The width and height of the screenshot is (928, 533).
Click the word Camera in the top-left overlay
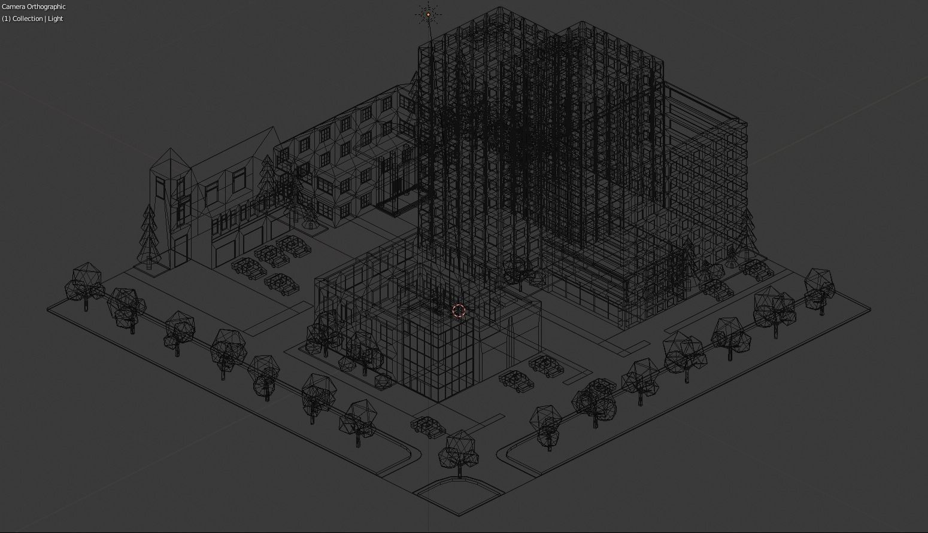point(13,7)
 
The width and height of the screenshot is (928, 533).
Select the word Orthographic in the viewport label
point(47,7)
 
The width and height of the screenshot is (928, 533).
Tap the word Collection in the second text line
point(28,19)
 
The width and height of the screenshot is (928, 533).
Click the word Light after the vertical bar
point(56,19)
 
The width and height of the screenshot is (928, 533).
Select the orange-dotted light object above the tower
point(428,14)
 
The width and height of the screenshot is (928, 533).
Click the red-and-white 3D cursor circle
point(459,311)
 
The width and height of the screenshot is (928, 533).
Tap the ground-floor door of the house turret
point(180,249)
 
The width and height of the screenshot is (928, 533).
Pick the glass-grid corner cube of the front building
point(435,353)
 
